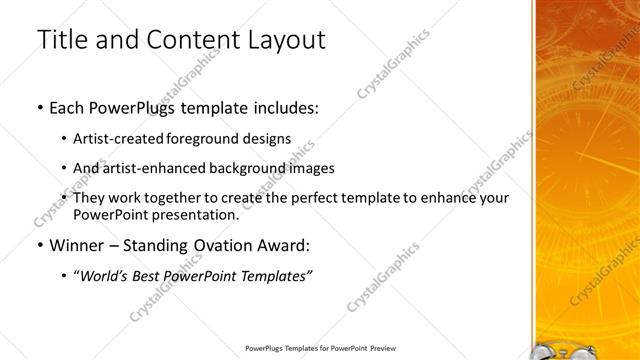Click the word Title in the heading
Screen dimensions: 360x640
(x=61, y=40)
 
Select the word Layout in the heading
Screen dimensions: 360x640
(x=287, y=40)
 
